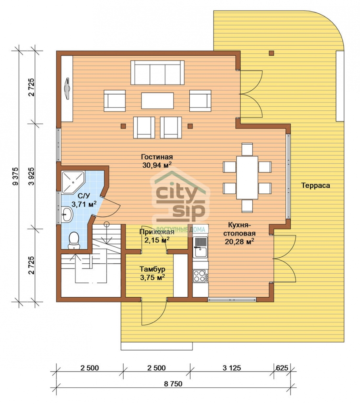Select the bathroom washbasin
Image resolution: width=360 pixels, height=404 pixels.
coord(67,214)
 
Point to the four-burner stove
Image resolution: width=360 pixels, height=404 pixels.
coord(200,276)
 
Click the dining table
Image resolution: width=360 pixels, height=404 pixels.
coord(247,177)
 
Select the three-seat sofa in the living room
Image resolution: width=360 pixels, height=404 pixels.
coord(157,73)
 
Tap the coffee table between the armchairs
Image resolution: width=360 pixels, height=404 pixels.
coord(157,101)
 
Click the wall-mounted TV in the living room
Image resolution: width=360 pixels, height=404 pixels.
coord(68,88)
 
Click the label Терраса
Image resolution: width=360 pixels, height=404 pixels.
coord(316,185)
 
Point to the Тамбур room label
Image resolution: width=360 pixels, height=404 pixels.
coord(152,269)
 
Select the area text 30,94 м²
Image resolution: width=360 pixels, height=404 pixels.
coord(157,165)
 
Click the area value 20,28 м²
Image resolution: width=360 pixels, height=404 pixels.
coord(240,242)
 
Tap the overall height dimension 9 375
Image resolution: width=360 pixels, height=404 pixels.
coord(16,177)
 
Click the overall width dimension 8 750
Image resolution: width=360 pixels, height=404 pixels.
coord(173,384)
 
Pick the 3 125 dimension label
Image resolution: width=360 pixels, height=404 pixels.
coord(232,368)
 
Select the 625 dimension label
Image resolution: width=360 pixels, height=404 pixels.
coord(282,368)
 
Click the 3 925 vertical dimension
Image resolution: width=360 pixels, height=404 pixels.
coord(31,177)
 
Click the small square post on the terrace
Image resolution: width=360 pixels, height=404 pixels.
coord(271,53)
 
